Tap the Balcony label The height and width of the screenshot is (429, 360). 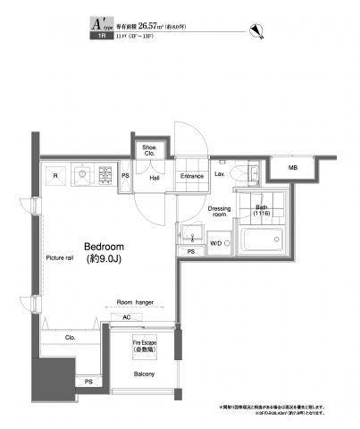coord(145,374)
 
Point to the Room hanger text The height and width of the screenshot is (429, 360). coord(135,303)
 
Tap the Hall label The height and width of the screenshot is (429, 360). coord(154,177)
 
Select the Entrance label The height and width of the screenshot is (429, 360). coord(191,176)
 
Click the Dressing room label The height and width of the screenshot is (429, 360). coord(220,212)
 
